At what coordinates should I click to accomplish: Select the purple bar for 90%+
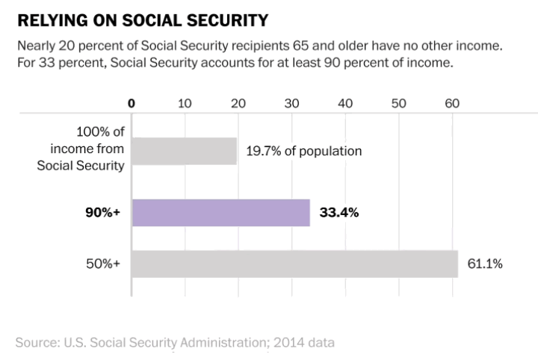pos(220,213)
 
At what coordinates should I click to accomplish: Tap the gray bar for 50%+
pos(294,264)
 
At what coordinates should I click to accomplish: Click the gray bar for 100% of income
pos(185,150)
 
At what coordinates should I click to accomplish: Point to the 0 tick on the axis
pos(132,103)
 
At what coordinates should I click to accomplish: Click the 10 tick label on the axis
pos(185,103)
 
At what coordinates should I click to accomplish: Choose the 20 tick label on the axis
pos(238,103)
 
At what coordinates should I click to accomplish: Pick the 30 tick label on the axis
pos(291,103)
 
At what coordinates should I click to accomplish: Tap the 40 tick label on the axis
pos(344,103)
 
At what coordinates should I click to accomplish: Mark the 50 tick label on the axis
pos(398,103)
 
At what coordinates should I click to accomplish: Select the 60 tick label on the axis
pos(451,103)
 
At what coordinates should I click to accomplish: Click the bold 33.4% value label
pos(339,213)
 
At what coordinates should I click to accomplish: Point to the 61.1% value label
pos(486,264)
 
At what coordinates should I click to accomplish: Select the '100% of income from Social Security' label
pos(81,150)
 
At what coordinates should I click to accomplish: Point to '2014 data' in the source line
pos(305,343)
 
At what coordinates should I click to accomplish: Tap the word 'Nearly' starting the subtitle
pos(37,46)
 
